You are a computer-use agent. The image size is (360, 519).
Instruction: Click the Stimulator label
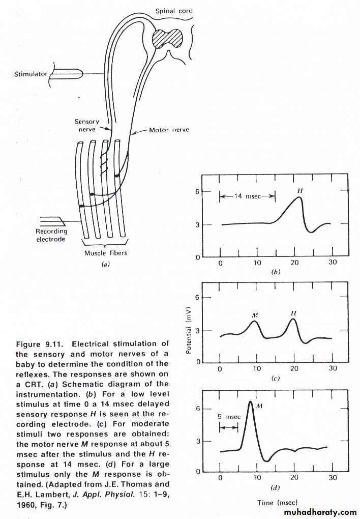tap(31, 74)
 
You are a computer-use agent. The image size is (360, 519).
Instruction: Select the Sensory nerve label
tap(87, 126)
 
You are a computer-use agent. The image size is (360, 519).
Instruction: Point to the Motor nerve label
tap(169, 130)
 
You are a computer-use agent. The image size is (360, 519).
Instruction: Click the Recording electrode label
tap(51, 236)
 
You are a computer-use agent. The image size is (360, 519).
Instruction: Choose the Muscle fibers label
tap(105, 253)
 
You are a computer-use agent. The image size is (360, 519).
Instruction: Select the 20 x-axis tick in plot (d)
tap(294, 478)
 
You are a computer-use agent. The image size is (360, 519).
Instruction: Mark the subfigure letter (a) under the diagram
tap(106, 264)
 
